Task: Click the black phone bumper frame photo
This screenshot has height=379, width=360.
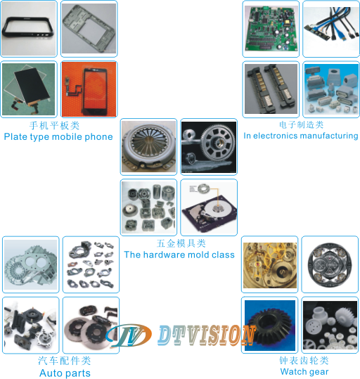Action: tap(29, 29)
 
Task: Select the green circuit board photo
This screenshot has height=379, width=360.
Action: tap(271, 29)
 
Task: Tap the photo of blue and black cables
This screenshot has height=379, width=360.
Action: tap(331, 29)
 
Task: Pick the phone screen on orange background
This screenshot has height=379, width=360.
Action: tap(89, 89)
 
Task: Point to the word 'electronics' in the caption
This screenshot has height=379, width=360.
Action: tap(275, 136)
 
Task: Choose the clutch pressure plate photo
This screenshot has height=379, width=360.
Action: tap(148, 147)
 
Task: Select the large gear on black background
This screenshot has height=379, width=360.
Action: tap(209, 147)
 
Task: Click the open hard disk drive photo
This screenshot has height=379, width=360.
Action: tap(209, 207)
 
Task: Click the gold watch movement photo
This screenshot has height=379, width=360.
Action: tap(270, 265)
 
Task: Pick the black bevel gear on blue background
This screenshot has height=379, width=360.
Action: tap(270, 326)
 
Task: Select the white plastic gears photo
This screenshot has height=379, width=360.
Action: tap(330, 325)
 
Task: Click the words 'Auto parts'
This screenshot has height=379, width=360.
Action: tap(65, 373)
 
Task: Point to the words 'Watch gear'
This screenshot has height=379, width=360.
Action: tap(304, 371)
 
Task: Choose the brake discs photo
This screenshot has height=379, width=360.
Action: tap(91, 325)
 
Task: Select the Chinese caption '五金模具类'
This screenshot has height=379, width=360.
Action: tap(181, 243)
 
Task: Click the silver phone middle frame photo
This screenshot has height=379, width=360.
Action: tap(89, 29)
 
